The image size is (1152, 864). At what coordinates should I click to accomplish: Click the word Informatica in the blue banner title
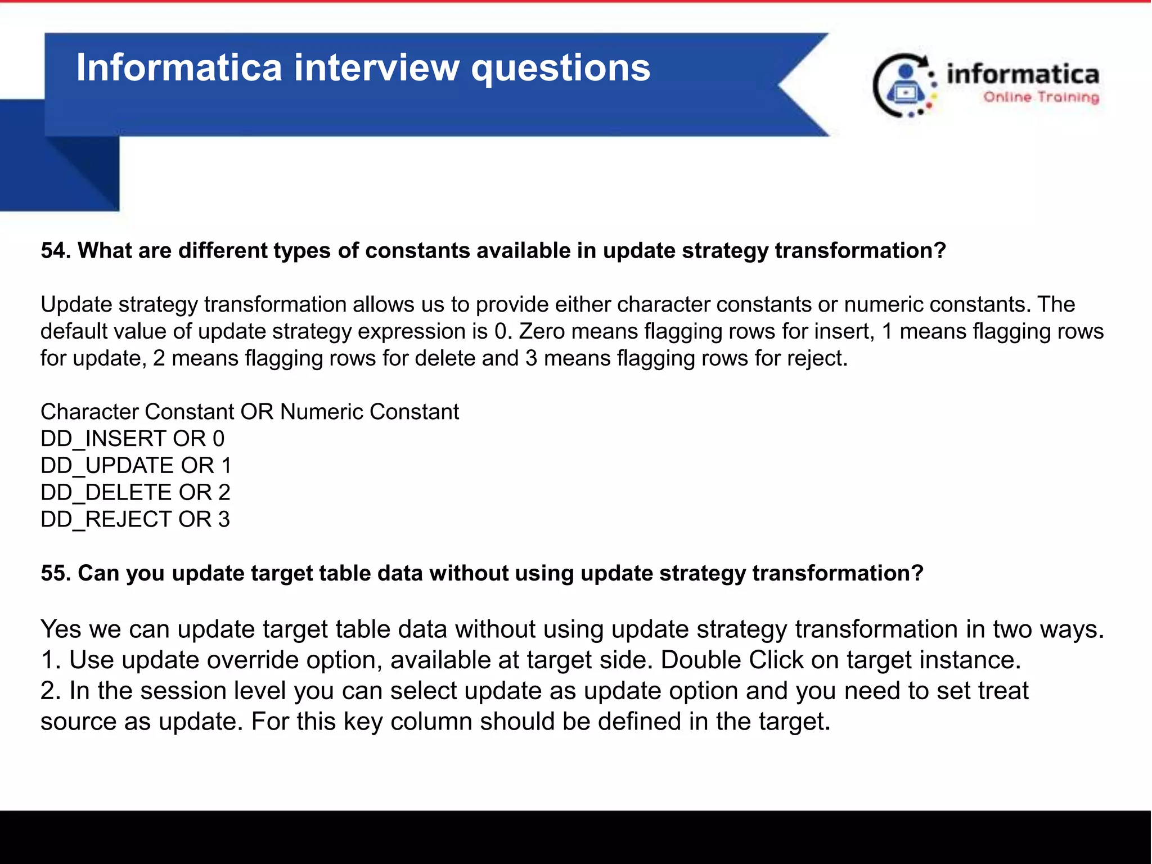179,67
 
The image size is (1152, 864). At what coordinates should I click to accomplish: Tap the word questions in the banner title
560,69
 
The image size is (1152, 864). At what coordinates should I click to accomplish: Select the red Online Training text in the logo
1041,97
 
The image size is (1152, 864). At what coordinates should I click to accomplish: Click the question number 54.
55,251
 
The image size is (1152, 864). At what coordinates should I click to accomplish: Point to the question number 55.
55,573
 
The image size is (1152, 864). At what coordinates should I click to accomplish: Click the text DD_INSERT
103,439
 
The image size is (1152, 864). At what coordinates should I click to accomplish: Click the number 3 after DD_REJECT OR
224,520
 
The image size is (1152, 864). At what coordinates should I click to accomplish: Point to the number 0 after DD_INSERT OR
218,439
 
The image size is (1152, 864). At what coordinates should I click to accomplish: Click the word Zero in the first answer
541,331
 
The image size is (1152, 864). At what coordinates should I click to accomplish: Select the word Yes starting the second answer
61,629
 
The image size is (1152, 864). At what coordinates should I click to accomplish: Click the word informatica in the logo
1023,74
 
